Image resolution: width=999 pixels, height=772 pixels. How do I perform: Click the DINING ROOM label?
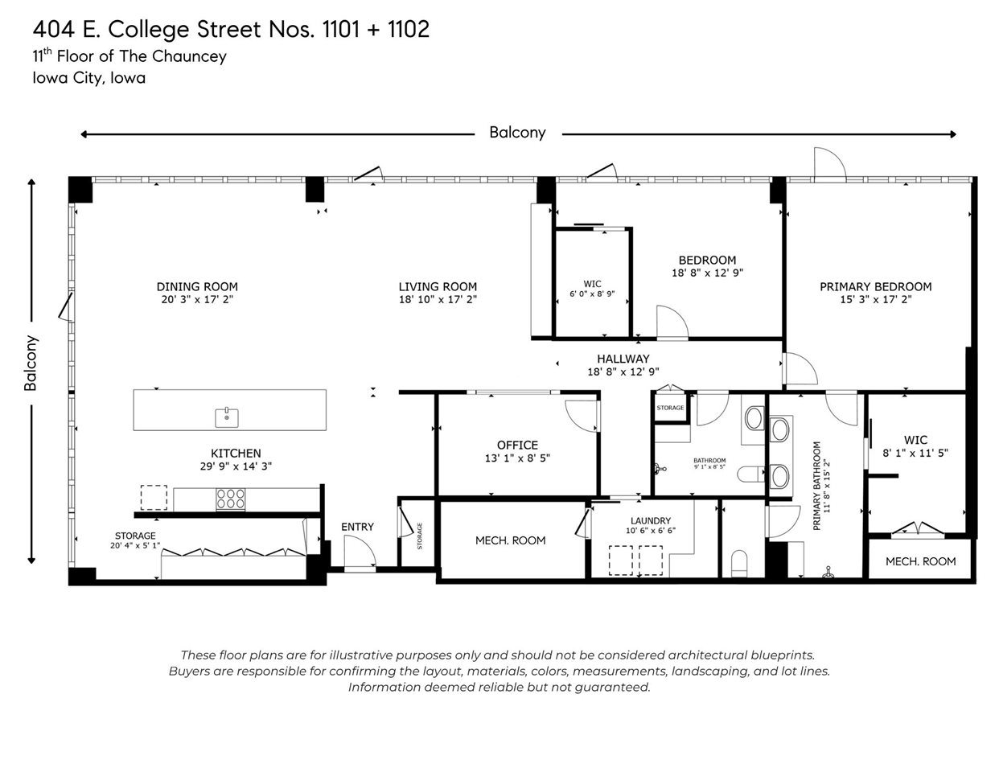pos(197,286)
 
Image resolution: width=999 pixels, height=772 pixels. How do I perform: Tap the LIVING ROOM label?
pos(438,286)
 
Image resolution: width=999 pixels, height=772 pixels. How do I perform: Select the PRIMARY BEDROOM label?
pos(875,286)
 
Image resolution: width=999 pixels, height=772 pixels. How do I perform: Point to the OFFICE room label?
pos(517,445)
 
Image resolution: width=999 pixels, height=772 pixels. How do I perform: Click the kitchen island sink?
pos(227,417)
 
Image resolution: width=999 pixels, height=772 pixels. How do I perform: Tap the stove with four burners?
pos(230,499)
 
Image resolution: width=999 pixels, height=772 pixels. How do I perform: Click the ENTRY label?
pos(357,527)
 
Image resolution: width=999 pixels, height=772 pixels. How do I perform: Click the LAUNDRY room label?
pos(650,520)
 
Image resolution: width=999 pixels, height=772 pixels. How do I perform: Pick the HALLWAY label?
pos(623,359)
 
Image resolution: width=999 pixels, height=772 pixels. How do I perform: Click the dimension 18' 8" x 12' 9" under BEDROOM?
pos(707,273)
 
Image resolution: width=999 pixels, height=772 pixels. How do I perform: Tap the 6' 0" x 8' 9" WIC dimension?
pos(592,294)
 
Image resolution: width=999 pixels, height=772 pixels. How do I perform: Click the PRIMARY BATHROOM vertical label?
pos(816,485)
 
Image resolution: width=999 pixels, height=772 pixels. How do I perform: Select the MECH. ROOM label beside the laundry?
pos(510,540)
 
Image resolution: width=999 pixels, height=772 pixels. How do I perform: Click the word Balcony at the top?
pos(517,133)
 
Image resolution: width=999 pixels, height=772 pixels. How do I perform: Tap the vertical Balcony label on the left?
pos(31,363)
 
